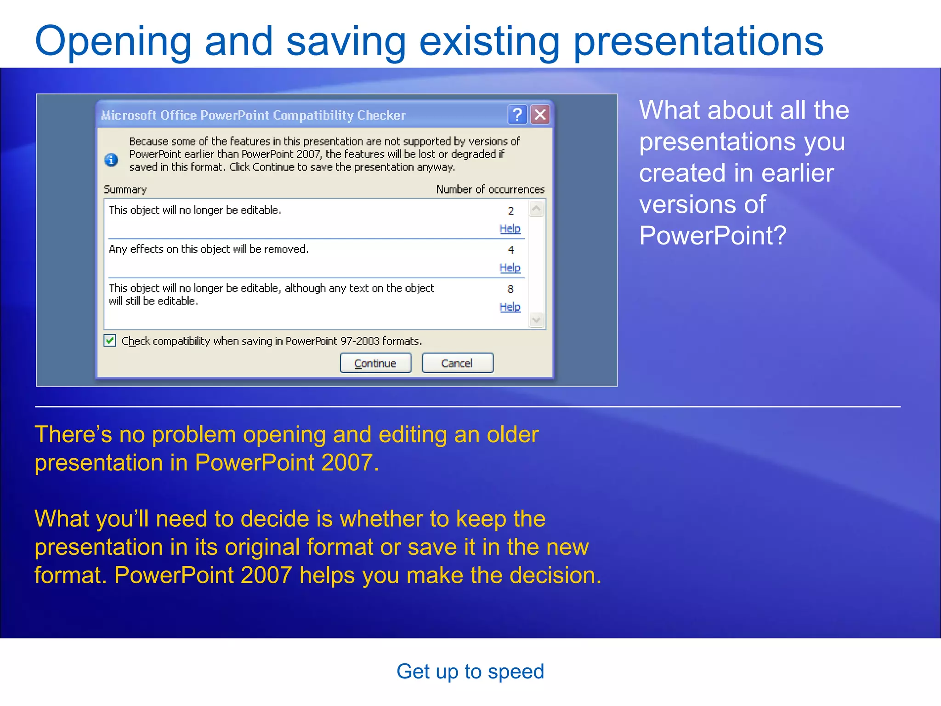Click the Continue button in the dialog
pos(375,363)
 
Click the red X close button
pos(540,114)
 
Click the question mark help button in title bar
pos(517,114)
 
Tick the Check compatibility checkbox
pos(110,341)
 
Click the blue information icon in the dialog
pos(111,159)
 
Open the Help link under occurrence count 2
pos(510,228)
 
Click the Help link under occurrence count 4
pos(510,268)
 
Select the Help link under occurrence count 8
pos(510,307)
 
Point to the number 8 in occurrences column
pos(510,289)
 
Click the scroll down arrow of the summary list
pos(536,319)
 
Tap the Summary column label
pos(125,189)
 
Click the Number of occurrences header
pos(490,189)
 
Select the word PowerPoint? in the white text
pos(713,235)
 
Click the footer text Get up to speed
pos(470,672)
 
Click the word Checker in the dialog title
pos(381,115)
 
